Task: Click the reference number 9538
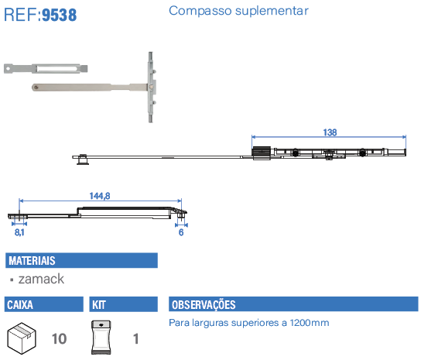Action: pos(60,15)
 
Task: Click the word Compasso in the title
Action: pos(200,11)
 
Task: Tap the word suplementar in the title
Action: pos(272,12)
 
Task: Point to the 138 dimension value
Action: pos(330,132)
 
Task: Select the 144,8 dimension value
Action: pos(100,196)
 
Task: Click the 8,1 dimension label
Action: pos(19,232)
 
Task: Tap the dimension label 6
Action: pos(181,232)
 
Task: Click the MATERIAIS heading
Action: pos(32,261)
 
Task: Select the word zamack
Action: pos(41,279)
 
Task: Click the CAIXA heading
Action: pos(20,305)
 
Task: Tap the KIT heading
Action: pos(99,305)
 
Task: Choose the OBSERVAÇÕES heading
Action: pos(204,305)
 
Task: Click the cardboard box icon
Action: pos(22,338)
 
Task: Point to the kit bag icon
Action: pos(101,338)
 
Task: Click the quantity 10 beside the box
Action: pos(59,339)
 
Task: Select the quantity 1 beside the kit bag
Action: pos(136,339)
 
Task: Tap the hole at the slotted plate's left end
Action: pos(8,68)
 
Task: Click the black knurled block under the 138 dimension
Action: pos(262,152)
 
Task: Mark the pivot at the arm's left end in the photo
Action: pos(36,87)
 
